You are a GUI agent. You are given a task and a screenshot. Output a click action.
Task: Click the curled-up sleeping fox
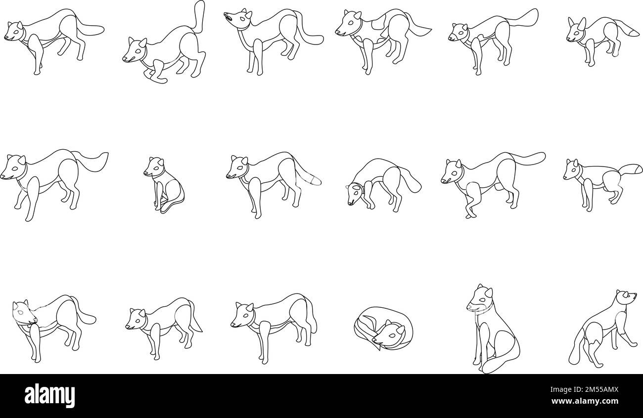(383, 329)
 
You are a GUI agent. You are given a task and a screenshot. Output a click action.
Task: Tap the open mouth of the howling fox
(227, 17)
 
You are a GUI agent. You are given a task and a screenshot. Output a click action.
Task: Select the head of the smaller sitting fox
(154, 167)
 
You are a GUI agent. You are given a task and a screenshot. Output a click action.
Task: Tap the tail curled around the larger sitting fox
(500, 362)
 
